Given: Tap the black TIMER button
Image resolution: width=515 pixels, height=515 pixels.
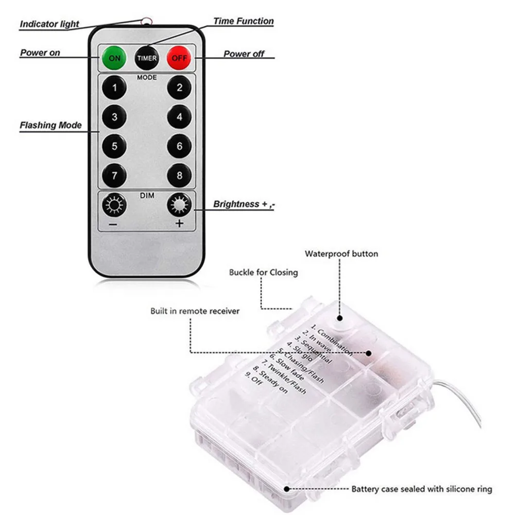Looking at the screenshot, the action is pyautogui.click(x=147, y=58).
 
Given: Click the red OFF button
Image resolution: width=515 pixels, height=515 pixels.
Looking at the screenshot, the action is pyautogui.click(x=179, y=58).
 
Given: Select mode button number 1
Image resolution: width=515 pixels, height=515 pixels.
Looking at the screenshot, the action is pyautogui.click(x=114, y=88).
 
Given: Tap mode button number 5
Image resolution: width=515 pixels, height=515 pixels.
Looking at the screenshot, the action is pyautogui.click(x=114, y=146).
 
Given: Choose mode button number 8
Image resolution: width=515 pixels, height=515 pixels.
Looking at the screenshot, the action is pyautogui.click(x=179, y=176).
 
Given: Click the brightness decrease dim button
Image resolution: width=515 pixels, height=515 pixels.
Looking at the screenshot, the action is pyautogui.click(x=114, y=205).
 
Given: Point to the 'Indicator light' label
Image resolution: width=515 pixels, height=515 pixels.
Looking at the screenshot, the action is pyautogui.click(x=49, y=24).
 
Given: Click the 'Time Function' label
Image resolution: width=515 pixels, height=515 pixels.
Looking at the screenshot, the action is pyautogui.click(x=244, y=21).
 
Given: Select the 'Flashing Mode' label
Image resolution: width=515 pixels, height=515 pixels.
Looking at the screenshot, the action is pyautogui.click(x=50, y=125).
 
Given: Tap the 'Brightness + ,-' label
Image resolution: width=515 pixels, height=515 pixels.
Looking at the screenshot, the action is pyautogui.click(x=244, y=204).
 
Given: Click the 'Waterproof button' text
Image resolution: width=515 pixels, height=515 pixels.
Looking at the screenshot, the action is pyautogui.click(x=341, y=253).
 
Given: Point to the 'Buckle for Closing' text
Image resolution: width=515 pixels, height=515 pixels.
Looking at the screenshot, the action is pyautogui.click(x=263, y=272).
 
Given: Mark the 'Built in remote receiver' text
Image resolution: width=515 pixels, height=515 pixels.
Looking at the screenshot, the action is pyautogui.click(x=195, y=311).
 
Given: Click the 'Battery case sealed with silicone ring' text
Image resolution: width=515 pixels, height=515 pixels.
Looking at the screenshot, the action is pyautogui.click(x=422, y=489).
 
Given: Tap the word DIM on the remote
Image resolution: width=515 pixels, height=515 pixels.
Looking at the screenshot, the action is pyautogui.click(x=147, y=195).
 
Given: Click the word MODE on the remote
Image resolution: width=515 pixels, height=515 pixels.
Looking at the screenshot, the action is pyautogui.click(x=147, y=78).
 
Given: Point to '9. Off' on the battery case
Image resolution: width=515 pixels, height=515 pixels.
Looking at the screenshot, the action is pyautogui.click(x=254, y=379).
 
